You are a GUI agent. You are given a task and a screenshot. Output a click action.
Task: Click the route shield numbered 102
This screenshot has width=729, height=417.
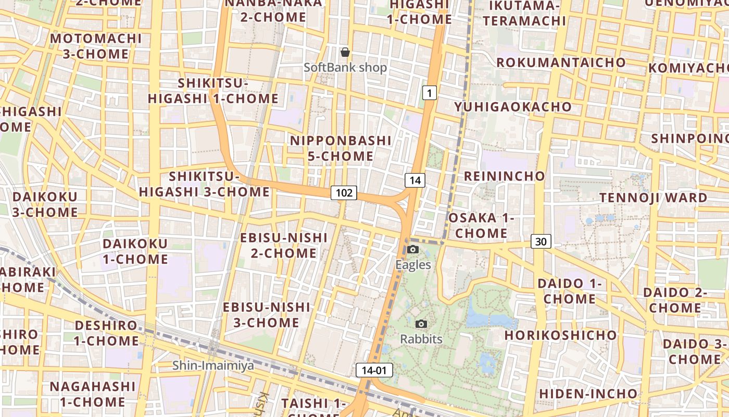click(x=344, y=193)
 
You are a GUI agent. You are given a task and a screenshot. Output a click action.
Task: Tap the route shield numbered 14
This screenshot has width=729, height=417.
click(x=415, y=180)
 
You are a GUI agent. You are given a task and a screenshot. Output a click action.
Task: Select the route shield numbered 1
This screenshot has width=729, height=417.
click(x=429, y=93)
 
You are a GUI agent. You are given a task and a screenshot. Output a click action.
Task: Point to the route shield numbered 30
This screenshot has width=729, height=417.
click(x=541, y=241)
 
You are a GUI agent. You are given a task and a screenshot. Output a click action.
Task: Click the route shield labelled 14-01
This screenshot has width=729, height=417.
click(x=374, y=370)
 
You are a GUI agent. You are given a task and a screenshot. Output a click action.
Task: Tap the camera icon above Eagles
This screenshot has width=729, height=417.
click(x=413, y=249)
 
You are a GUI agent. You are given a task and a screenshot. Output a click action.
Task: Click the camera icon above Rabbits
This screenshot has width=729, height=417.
click(x=421, y=324)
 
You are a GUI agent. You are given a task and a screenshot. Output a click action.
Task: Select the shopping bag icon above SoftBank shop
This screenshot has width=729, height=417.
click(x=345, y=52)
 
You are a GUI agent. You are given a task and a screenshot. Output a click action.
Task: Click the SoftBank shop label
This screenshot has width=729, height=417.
click(x=345, y=67)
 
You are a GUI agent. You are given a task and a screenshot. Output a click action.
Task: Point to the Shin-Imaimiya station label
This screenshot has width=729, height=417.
click(x=213, y=365)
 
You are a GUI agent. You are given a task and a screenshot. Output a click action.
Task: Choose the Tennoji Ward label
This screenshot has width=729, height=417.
click(x=653, y=198)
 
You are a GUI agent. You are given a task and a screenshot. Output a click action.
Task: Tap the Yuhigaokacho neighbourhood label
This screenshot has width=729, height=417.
click(x=513, y=107)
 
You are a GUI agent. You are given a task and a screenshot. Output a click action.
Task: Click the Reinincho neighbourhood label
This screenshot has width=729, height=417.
click(x=504, y=176)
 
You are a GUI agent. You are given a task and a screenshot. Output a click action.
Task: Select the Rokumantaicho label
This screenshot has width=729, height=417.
click(x=561, y=63)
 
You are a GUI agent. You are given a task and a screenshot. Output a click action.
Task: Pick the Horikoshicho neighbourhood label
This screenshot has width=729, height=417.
click(x=560, y=335)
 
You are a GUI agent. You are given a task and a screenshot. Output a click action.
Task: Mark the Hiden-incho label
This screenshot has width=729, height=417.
click(x=588, y=394)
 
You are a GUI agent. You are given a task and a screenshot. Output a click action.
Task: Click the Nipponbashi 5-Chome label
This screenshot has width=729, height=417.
click(x=341, y=148)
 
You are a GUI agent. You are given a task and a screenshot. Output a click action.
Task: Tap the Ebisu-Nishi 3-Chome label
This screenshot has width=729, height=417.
click(x=266, y=314)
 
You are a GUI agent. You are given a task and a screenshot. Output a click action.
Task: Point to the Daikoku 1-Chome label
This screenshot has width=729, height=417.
click(x=135, y=251)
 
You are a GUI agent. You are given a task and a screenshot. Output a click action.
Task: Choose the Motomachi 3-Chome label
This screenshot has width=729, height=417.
click(x=96, y=46)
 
